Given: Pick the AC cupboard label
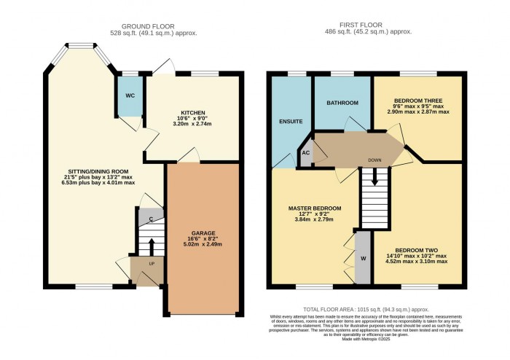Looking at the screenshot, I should coord(306,154).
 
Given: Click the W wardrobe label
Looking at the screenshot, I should coord(362,259).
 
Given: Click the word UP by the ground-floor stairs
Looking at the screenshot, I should coord(151,264).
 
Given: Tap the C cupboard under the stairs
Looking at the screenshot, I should coord(152,219).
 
